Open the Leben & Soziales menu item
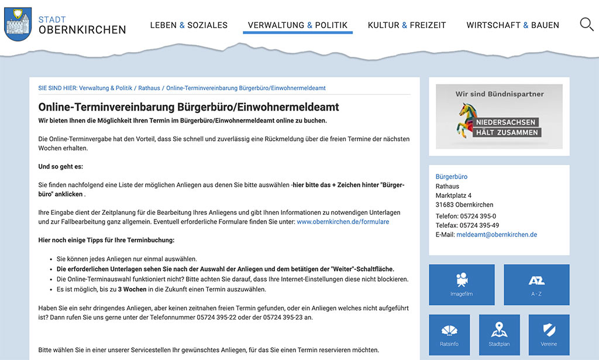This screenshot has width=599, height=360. click(188, 25)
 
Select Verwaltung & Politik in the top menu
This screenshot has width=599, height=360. click(297, 25)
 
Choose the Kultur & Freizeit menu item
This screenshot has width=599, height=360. click(407, 25)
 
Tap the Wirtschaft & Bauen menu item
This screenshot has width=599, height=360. click(512, 25)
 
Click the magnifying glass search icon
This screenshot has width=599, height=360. click(586, 24)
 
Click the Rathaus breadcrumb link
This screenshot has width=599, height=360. click(149, 88)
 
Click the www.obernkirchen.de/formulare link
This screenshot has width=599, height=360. click(343, 222)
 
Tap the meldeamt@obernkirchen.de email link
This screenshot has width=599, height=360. click(497, 235)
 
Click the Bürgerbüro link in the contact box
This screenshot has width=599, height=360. click(452, 177)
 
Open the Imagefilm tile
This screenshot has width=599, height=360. click(462, 284)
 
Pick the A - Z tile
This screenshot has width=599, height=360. click(536, 284)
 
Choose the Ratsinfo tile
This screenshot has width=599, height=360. click(450, 334)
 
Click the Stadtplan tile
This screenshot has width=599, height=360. click(499, 334)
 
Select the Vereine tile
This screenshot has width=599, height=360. click(549, 334)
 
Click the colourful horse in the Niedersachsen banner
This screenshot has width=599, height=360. click(469, 119)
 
